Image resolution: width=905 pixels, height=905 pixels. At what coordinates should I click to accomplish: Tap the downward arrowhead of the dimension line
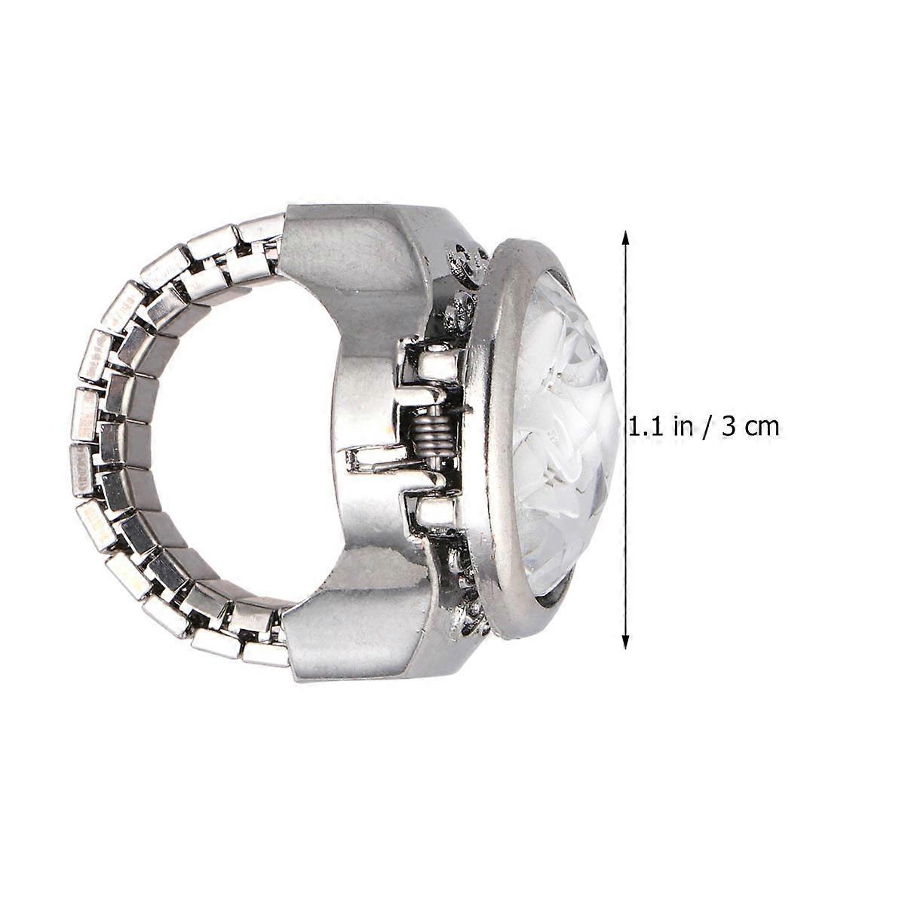pyautogui.click(x=624, y=640)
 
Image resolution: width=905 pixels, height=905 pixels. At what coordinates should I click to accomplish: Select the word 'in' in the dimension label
pyautogui.click(x=683, y=426)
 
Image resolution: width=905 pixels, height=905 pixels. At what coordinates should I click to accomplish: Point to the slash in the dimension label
pyautogui.click(x=706, y=428)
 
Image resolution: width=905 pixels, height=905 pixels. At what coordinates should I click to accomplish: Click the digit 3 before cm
pyautogui.click(x=728, y=427)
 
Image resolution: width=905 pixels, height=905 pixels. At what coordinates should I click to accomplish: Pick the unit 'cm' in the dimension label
pyautogui.click(x=761, y=428)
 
